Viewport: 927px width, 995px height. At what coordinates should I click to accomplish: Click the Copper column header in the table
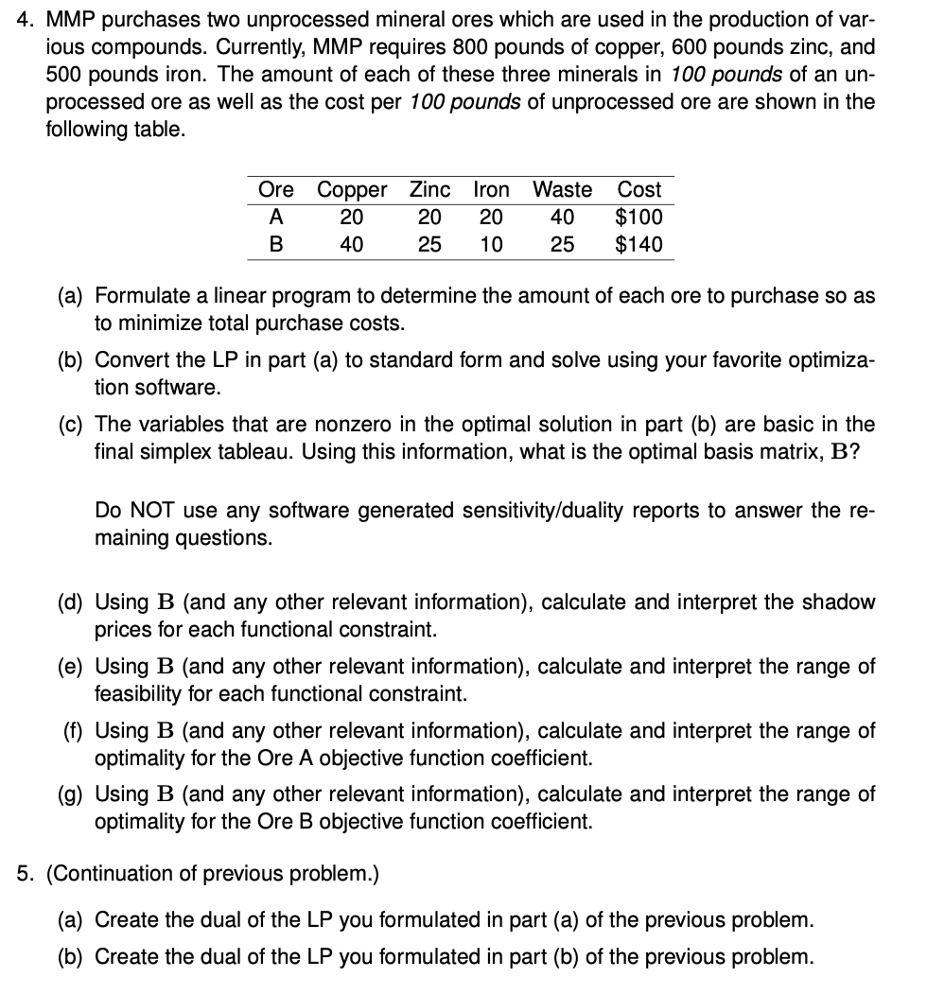click(x=351, y=190)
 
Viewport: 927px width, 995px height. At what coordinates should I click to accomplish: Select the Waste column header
click(x=562, y=190)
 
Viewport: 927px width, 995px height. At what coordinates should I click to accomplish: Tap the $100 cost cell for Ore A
click(x=638, y=218)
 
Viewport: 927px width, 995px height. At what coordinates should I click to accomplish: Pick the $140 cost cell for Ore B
click(x=638, y=245)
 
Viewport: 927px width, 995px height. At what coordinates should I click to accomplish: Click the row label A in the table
click(x=276, y=218)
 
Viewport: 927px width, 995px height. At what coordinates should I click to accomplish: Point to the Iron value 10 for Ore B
click(x=491, y=245)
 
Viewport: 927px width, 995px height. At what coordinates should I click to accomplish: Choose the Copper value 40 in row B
click(x=351, y=245)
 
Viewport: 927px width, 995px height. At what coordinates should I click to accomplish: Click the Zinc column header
click(x=429, y=190)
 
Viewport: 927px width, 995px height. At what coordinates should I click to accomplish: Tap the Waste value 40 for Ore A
click(x=562, y=218)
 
